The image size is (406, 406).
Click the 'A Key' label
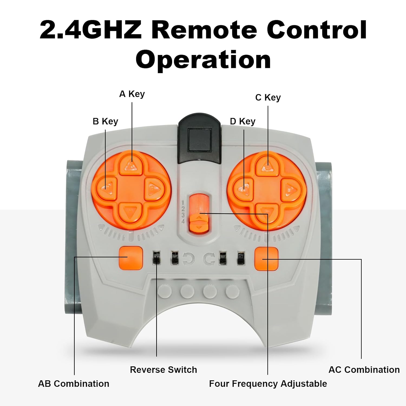pyautogui.click(x=132, y=94)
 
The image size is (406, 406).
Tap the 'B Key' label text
pyautogui.click(x=105, y=121)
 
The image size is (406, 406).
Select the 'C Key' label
pyautogui.click(x=268, y=97)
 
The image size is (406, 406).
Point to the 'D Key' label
pyautogui.click(x=243, y=121)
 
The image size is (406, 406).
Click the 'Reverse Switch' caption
pyautogui.click(x=163, y=370)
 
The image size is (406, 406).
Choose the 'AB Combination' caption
pyautogui.click(x=74, y=384)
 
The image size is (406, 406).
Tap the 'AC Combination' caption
pyautogui.click(x=364, y=370)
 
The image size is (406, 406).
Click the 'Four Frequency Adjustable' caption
pyautogui.click(x=268, y=384)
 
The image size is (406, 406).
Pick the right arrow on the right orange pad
pyautogui.click(x=290, y=188)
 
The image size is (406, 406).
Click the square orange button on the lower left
pyautogui.click(x=131, y=258)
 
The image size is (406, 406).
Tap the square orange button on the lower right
pyautogui.click(x=267, y=258)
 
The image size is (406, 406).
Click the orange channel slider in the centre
pyautogui.click(x=199, y=214)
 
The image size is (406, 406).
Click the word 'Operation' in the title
pyautogui.click(x=203, y=60)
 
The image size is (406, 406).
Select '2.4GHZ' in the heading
pyautogui.click(x=91, y=30)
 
